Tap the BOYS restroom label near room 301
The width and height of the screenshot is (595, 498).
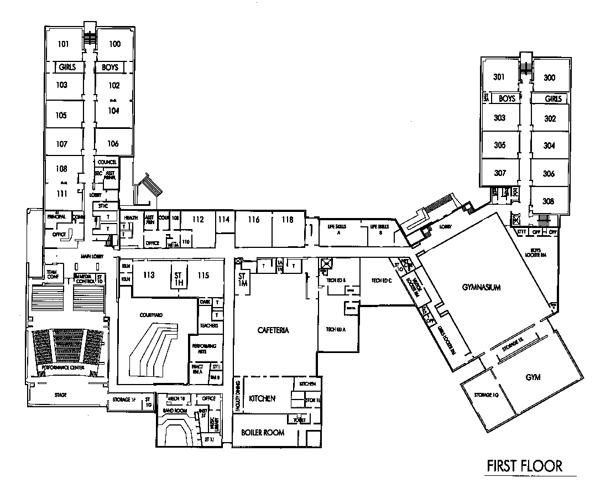pos(507,98)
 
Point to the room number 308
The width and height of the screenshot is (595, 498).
pos(549,201)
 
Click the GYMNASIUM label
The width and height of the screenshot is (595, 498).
pos(481,288)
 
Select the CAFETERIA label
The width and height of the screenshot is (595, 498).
pos(273,330)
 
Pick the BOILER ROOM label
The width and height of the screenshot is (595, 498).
pos(263,432)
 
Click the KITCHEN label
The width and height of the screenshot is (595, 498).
pos(262,398)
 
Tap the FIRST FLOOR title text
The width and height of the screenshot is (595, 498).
pos(524,466)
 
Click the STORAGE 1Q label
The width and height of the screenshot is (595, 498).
pos(486,395)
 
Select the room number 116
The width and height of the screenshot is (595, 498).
pos(253,220)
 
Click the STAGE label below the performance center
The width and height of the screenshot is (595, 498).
pos(60,395)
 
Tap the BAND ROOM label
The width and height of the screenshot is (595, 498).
pos(173,411)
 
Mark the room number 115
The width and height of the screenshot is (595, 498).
pos(203,275)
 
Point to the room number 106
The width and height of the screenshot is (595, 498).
pos(113,144)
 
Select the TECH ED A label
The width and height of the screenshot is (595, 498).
pos(335,329)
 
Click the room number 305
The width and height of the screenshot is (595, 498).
pos(499,146)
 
